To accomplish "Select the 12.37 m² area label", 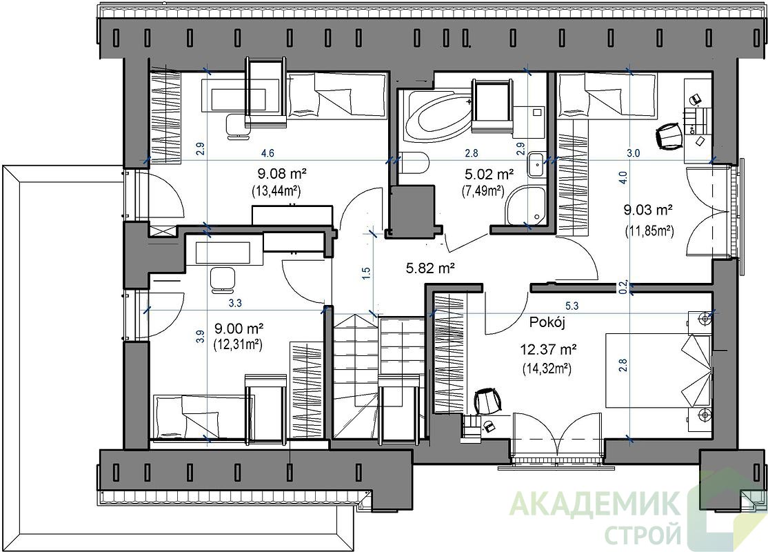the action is click(547, 350).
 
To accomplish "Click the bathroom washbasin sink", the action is click(536, 165).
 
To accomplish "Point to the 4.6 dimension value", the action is click(267, 153).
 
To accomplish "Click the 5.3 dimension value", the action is click(572, 306).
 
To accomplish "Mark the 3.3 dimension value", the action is click(235, 304).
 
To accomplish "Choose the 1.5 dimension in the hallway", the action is click(366, 273).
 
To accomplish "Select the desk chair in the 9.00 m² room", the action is click(222, 279).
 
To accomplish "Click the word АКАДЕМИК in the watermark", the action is click(595, 504).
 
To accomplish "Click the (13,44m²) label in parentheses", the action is click(276, 190).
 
